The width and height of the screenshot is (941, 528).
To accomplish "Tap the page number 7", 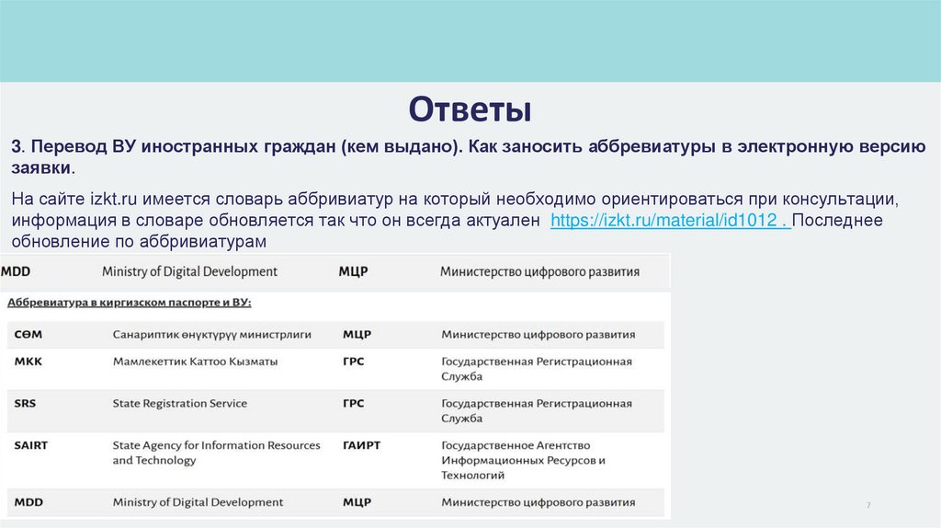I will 868,508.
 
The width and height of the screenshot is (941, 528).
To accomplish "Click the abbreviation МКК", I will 28,362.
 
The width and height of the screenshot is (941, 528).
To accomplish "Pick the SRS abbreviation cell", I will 26,404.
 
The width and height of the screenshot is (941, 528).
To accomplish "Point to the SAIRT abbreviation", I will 31,445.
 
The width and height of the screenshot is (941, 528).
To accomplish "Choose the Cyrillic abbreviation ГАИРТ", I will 361,445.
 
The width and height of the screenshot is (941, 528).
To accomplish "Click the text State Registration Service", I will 180,404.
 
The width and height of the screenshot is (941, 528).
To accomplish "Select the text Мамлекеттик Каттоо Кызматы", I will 195,362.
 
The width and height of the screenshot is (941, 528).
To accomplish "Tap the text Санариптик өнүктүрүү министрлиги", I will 212,334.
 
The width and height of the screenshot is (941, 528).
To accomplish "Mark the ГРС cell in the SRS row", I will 353,404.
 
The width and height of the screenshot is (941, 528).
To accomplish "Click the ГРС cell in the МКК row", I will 353,362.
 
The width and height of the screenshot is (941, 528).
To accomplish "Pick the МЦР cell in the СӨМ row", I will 357,334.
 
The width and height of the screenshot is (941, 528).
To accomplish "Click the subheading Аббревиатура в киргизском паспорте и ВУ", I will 130,302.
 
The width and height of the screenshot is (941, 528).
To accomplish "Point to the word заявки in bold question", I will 40,169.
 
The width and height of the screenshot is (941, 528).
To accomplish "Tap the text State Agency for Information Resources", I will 217,445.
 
